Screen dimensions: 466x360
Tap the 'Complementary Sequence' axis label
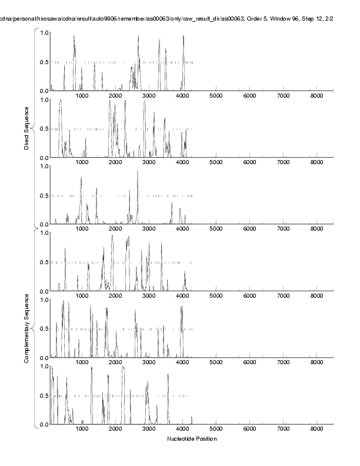pyautogui.click(x=26, y=327)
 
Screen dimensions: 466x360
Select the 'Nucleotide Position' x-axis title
pyautogui.click(x=192, y=439)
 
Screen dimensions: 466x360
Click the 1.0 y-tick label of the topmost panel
pyautogui.click(x=44, y=32)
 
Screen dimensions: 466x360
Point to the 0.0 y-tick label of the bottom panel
pyautogui.click(x=44, y=424)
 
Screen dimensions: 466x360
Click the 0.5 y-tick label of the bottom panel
pyautogui.click(x=44, y=395)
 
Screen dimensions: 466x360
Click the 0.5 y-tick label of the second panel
pyautogui.click(x=44, y=129)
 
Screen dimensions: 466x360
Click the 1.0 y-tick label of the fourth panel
pyautogui.click(x=44, y=233)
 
